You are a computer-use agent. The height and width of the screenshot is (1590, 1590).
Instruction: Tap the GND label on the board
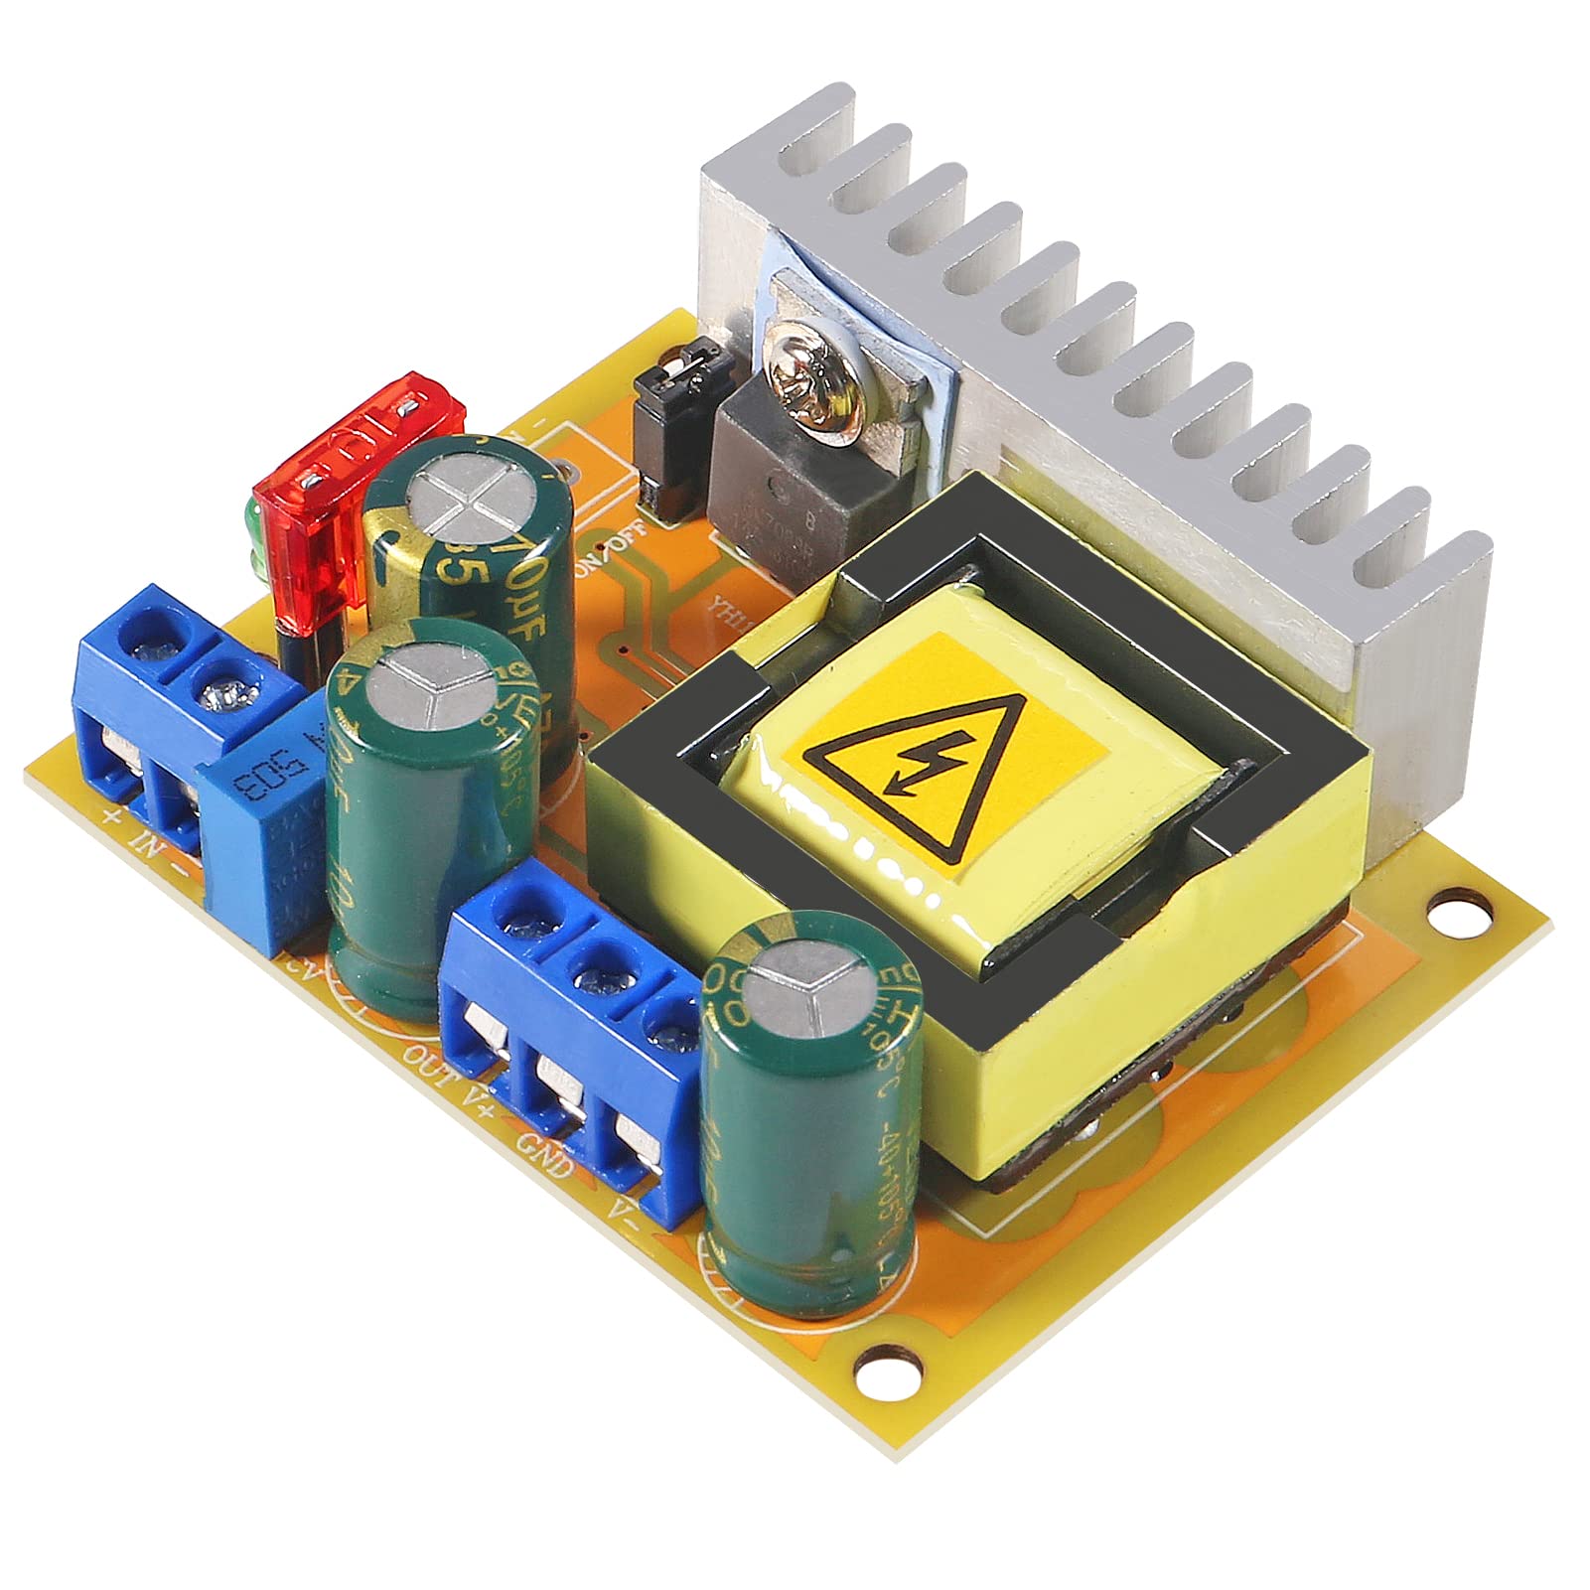(x=544, y=1152)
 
